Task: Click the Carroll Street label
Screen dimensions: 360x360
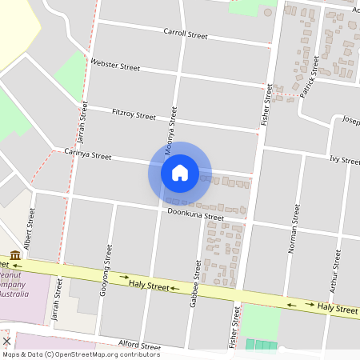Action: pos(185,34)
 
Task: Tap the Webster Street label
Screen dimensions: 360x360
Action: pos(115,64)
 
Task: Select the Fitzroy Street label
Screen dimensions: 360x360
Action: pos(134,115)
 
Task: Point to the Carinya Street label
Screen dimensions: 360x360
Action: pos(88,154)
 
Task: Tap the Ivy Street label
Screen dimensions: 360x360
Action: pos(344,160)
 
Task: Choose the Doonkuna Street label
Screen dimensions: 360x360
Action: pos(195,215)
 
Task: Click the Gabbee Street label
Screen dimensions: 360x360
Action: pos(197,278)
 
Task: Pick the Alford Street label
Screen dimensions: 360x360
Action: pos(140,346)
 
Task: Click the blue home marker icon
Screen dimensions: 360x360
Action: pos(179,172)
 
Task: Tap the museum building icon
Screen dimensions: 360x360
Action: pos(15,255)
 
